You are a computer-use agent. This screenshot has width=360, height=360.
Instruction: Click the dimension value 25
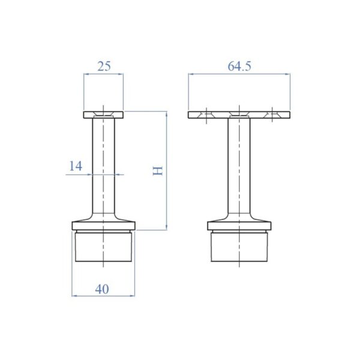(x=104, y=66)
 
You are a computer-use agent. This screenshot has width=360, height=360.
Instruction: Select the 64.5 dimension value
(x=239, y=66)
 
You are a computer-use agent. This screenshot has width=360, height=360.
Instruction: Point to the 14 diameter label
(x=75, y=166)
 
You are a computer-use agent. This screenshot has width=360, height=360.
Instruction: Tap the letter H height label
(x=158, y=171)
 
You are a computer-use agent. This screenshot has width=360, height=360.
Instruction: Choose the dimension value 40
(x=102, y=289)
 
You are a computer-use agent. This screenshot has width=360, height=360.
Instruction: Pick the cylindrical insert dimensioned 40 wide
(x=103, y=247)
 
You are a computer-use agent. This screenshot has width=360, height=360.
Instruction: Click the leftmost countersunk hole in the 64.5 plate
(x=205, y=113)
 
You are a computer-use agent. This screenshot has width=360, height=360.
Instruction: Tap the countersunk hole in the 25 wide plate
(x=103, y=113)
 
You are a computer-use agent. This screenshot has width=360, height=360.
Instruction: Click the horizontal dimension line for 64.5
(x=264, y=74)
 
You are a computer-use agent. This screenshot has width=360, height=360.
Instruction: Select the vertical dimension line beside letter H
(x=166, y=198)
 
